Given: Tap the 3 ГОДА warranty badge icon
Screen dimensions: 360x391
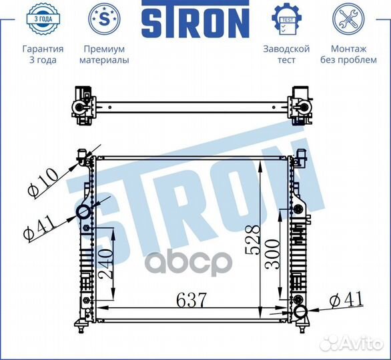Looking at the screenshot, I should click(x=43, y=19).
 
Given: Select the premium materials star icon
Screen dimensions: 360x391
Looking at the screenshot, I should click(x=104, y=19).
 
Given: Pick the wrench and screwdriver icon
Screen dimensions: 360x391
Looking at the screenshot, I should click(x=348, y=19).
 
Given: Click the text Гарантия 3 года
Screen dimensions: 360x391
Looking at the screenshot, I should click(x=43, y=55).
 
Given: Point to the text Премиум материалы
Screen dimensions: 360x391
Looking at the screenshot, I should click(x=104, y=55).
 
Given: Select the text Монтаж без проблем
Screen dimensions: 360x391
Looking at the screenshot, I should click(x=348, y=55).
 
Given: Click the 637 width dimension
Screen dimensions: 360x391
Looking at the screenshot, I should click(x=190, y=301).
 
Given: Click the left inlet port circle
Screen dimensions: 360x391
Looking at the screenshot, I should click(x=84, y=213).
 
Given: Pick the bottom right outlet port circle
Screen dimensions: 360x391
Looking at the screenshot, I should click(x=300, y=312).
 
